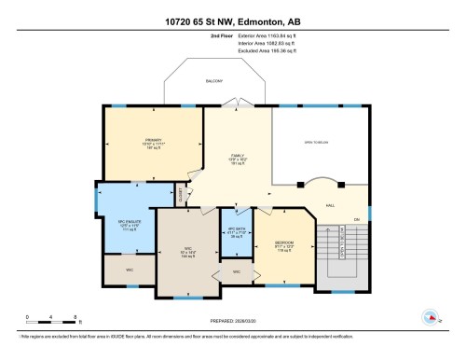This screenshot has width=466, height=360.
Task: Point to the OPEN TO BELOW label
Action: pos(319,142)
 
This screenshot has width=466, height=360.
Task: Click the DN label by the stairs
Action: pos(355,220)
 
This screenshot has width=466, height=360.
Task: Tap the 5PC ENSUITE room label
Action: pos(129,222)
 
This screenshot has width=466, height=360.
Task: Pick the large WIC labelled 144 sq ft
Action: pos(187,250)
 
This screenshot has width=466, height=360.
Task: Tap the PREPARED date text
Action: pos(233,324)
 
